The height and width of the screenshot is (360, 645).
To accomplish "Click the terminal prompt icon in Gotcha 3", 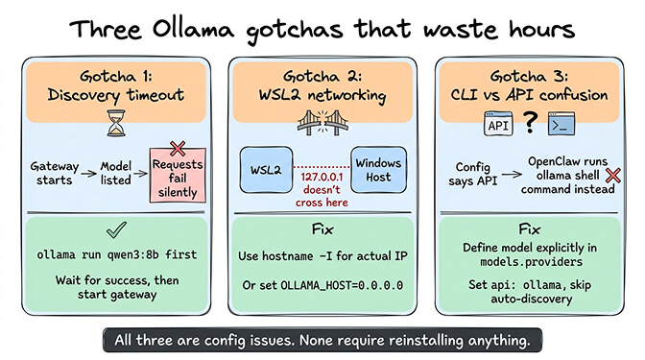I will (562, 122).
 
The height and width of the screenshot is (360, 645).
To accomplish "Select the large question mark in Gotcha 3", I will (531, 122).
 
